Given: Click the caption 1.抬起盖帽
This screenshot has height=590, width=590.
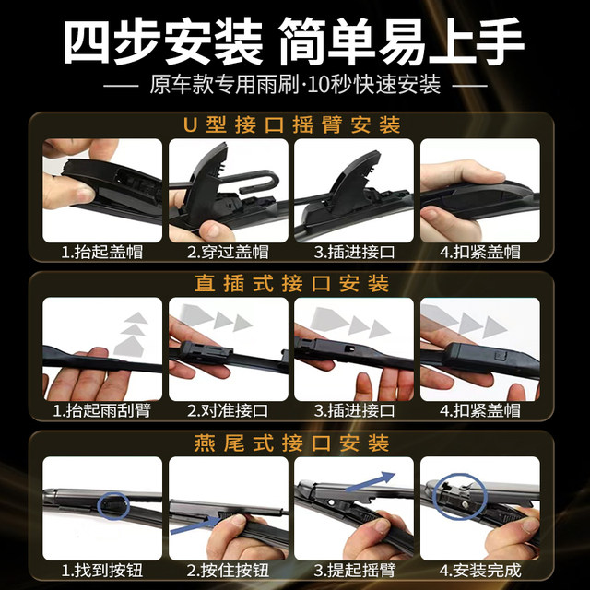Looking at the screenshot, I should pyautogui.click(x=102, y=250).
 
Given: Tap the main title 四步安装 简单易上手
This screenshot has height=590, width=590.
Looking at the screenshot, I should pyautogui.click(x=295, y=41).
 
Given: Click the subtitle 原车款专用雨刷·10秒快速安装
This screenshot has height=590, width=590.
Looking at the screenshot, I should pyautogui.click(x=295, y=86).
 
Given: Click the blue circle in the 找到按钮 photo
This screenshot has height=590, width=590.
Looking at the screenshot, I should pyautogui.click(x=114, y=503).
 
